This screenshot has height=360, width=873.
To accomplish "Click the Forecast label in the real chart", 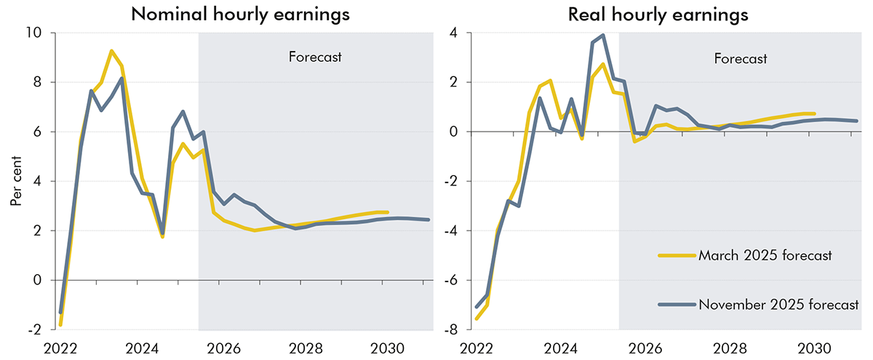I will pos(740,59).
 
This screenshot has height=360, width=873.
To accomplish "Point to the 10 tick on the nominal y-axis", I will pos(34,33).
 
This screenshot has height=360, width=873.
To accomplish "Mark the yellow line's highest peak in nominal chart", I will pos(111,51).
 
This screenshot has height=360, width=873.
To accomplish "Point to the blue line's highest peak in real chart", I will pos(603,35).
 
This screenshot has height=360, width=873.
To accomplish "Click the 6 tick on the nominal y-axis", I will pos(38,132).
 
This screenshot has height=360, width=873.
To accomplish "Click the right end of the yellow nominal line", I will pos(387,212).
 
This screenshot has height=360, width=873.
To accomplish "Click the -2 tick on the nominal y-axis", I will pos(35,329).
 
